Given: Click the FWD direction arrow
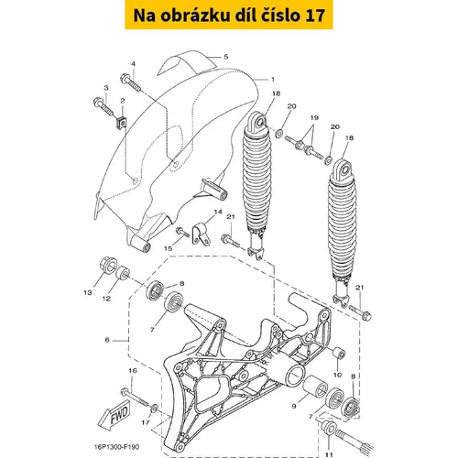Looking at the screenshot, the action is tap(114, 414).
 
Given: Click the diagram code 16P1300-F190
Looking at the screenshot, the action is tap(119, 447).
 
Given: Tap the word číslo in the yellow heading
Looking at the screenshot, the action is tap(281, 16).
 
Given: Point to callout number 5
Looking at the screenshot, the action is tap(226, 57).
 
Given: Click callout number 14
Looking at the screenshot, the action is tap(218, 212).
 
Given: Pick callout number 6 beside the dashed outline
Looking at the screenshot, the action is tap(107, 340).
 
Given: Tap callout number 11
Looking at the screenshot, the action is tap(329, 455).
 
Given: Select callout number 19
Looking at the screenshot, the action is tap(314, 117).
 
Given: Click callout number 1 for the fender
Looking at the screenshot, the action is tap(273, 80).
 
